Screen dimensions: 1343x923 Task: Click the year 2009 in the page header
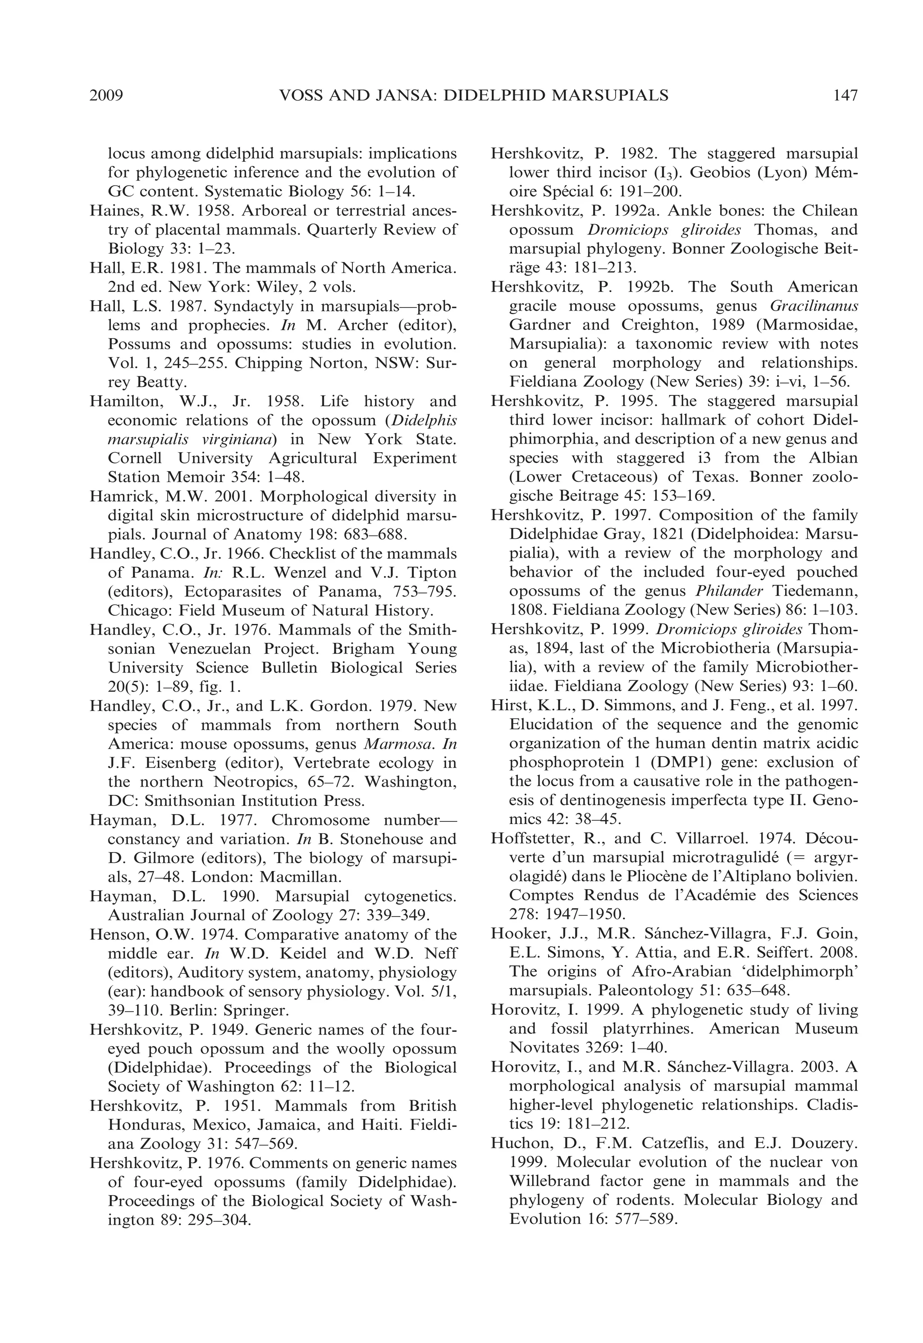[x=107, y=95]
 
